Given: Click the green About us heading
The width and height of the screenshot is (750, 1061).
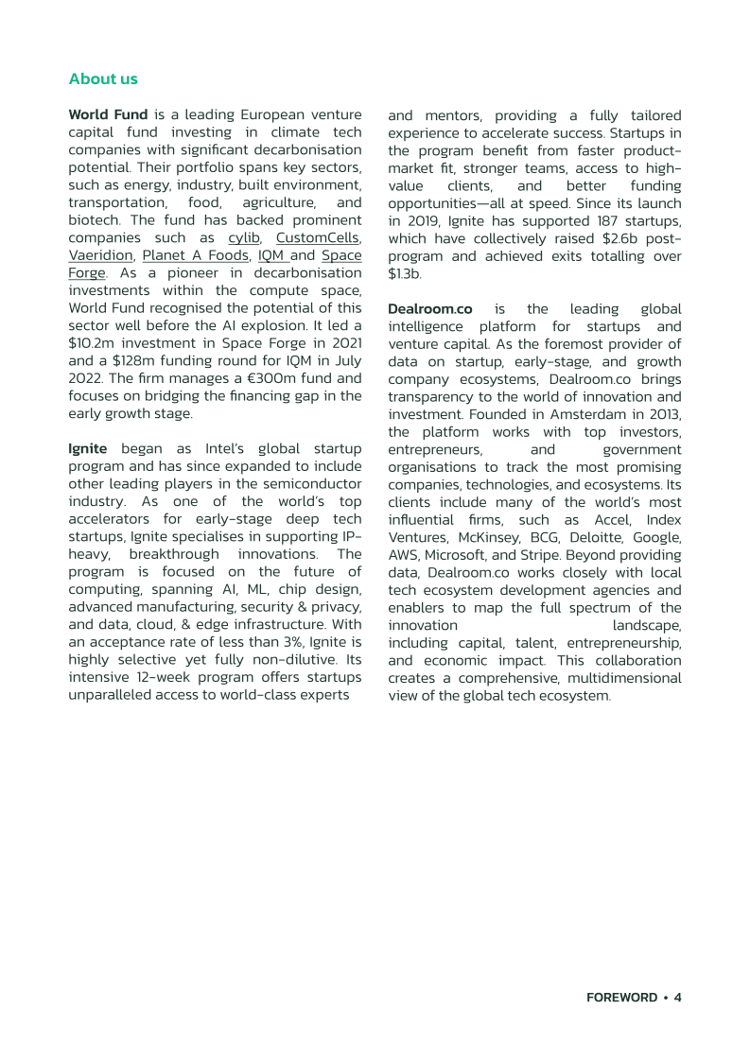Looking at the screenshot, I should coord(103,78).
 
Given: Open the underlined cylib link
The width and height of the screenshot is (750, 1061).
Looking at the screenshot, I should coord(244,237).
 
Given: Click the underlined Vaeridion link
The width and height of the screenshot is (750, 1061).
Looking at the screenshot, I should coord(99,254).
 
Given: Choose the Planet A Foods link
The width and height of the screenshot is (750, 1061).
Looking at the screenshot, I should coord(195,254).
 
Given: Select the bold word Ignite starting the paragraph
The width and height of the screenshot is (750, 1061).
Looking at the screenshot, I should coord(88,447).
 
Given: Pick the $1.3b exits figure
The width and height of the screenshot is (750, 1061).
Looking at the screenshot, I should coord(404,273).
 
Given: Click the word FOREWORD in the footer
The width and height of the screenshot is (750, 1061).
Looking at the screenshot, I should coord(621,998).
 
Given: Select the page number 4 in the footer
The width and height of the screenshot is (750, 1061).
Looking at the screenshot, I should coord(677,998).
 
